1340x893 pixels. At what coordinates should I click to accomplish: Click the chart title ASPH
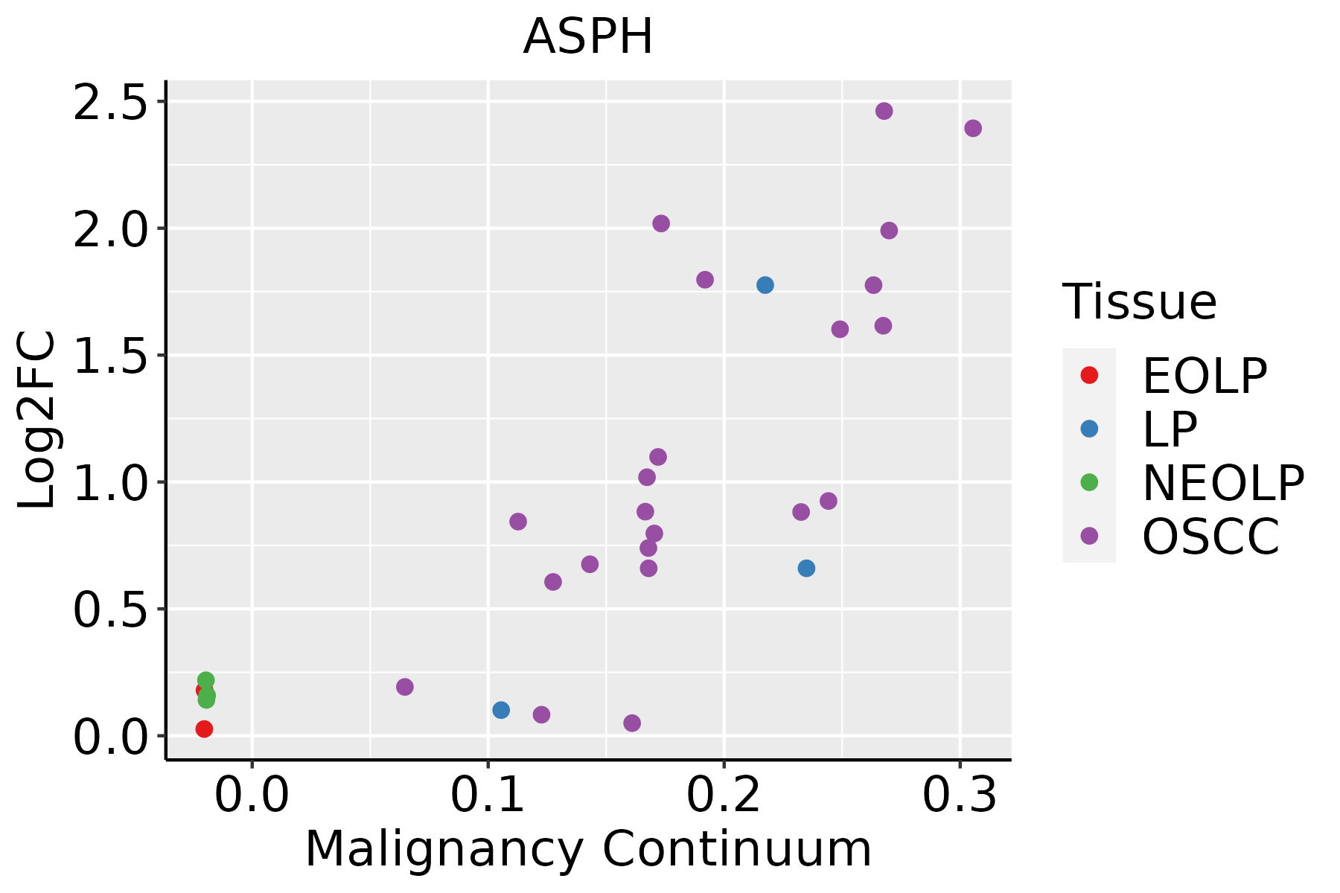[x=588, y=37]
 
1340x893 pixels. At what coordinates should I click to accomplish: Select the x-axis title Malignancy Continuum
[x=588, y=849]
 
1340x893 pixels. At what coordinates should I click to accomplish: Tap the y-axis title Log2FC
[x=37, y=420]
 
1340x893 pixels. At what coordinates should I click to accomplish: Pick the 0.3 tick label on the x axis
[x=960, y=795]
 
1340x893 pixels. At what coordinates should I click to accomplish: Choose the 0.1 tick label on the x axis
[x=488, y=795]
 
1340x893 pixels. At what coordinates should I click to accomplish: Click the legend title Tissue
[x=1139, y=302]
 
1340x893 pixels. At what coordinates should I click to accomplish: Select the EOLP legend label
[x=1205, y=376]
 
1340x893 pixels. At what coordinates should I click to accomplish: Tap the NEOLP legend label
[x=1223, y=483]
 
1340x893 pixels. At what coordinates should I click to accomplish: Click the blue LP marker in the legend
[x=1089, y=429]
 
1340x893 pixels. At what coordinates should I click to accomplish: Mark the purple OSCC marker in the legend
[x=1089, y=536]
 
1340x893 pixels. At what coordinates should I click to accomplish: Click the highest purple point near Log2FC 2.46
[x=884, y=111]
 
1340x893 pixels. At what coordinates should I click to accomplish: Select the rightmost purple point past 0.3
[x=973, y=128]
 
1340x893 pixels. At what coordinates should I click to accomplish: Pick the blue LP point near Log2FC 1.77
[x=765, y=285]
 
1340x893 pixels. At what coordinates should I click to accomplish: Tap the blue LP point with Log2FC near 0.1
[x=501, y=710]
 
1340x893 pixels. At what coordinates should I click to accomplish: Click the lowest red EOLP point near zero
[x=204, y=729]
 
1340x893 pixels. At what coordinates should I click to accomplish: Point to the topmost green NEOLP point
[x=206, y=680]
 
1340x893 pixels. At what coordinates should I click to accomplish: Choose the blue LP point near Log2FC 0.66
[x=806, y=569]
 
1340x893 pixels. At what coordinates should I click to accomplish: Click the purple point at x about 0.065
[x=405, y=687]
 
